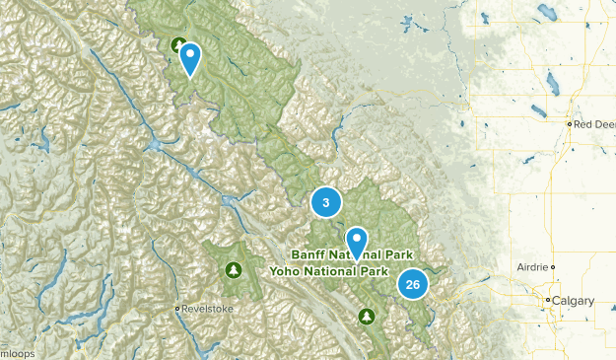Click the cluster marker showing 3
(326, 202)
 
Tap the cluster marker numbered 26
(413, 284)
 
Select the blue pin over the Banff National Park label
(356, 240)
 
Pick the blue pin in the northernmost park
(190, 58)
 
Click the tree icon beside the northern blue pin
(177, 44)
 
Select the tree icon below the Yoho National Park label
(367, 317)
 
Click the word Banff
(309, 253)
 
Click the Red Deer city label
(595, 124)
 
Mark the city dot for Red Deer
(571, 124)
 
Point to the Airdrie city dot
(554, 267)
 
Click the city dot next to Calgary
(549, 300)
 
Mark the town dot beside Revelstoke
(177, 309)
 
